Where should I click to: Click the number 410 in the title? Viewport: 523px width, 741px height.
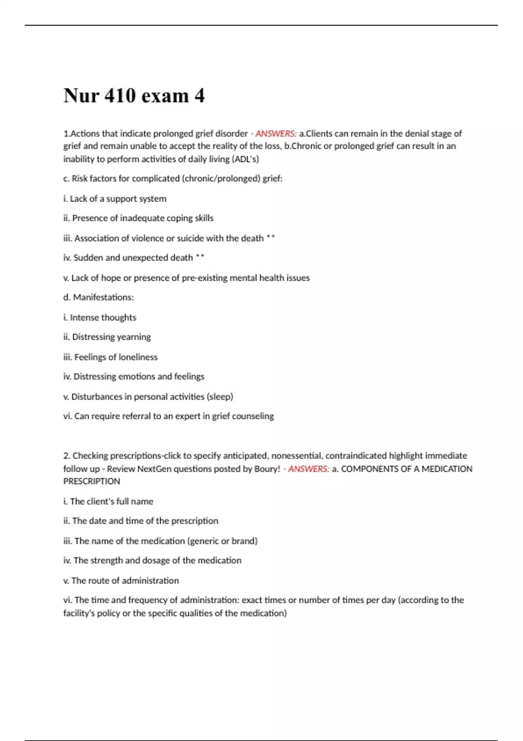(120, 95)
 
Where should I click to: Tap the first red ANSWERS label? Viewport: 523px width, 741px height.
(276, 133)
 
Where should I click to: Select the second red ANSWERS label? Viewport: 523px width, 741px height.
(309, 469)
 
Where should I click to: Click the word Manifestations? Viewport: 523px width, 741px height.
(103, 297)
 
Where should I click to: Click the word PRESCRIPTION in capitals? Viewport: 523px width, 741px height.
(92, 481)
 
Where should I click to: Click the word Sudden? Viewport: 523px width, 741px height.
(89, 258)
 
